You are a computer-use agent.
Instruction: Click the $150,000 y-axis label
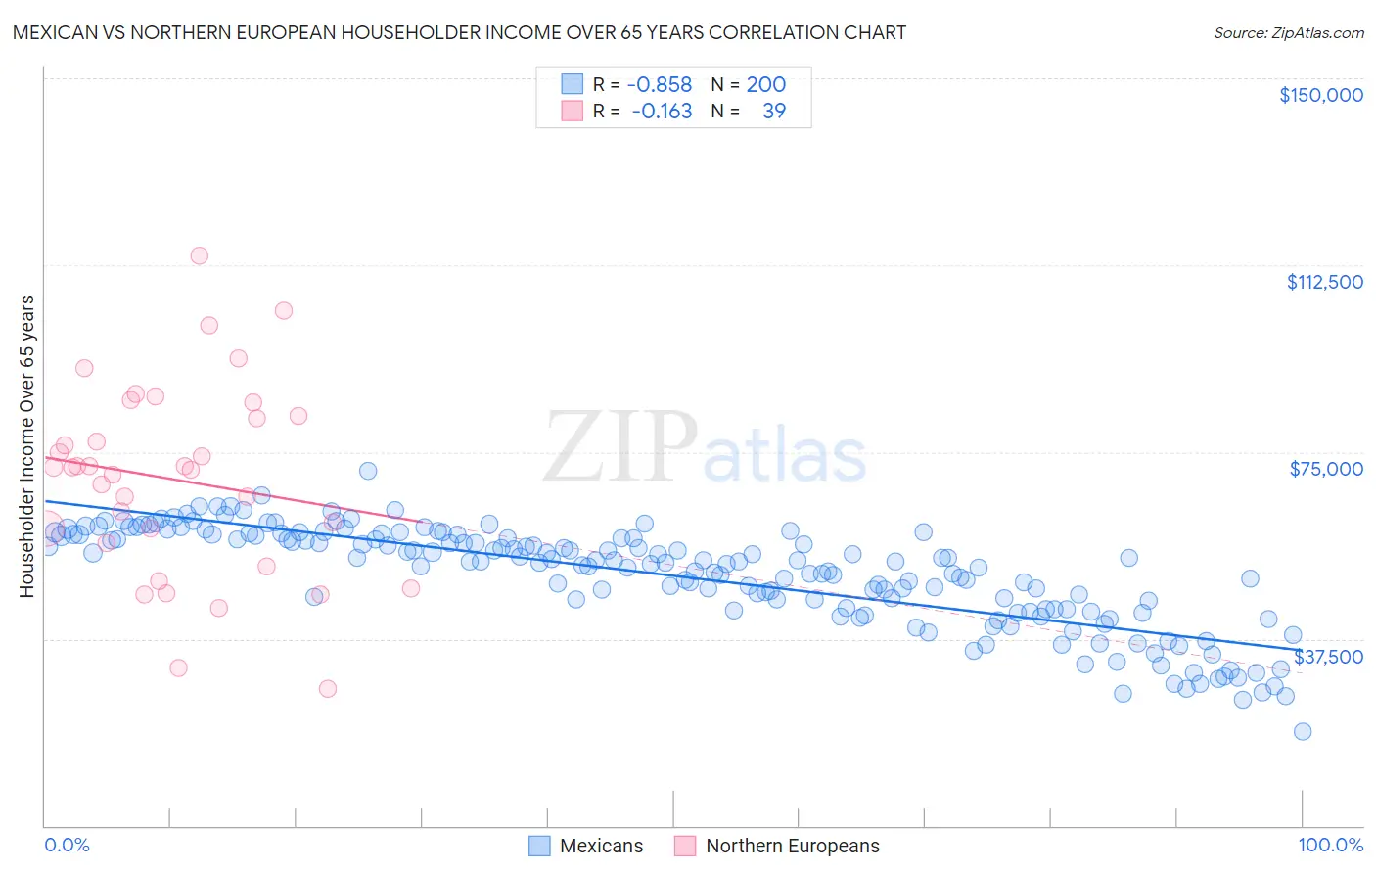[1320, 95]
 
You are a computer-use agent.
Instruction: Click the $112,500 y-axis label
[1324, 282]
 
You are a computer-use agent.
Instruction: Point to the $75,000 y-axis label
[1326, 469]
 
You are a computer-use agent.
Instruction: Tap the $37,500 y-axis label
[1328, 657]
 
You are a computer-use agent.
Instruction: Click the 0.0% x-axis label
[67, 845]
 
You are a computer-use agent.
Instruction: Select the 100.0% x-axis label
[1330, 845]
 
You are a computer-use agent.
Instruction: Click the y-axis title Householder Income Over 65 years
[27, 445]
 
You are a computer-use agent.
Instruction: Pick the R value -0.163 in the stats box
[662, 112]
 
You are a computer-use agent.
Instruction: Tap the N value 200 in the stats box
[765, 85]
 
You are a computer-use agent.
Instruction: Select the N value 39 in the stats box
[773, 112]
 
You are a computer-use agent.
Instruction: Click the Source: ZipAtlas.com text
[1288, 33]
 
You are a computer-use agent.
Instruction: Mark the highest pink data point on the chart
[199, 255]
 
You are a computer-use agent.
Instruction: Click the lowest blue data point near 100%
[1302, 731]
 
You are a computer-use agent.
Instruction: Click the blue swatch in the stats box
[572, 85]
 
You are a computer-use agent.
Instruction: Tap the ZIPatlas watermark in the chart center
[705, 447]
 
